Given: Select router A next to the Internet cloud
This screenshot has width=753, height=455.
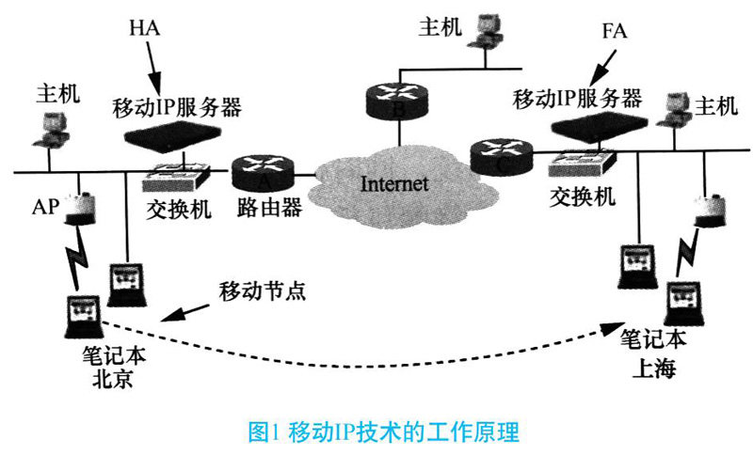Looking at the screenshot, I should click(x=263, y=171).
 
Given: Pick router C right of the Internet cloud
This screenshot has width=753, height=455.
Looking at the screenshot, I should click(x=495, y=154).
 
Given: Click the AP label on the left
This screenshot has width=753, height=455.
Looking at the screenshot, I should click(x=45, y=206).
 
